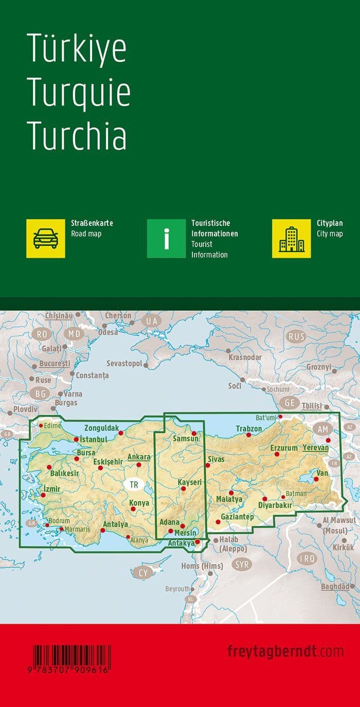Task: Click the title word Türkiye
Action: point(76,49)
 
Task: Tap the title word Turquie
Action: point(78,92)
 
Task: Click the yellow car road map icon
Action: point(46,238)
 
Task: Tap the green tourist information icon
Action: point(166,238)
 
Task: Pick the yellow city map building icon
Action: point(291,238)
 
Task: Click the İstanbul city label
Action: point(93,439)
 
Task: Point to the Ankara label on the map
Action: point(139,457)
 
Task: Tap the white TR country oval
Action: point(134,484)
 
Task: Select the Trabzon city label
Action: point(249,429)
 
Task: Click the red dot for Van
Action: point(316,480)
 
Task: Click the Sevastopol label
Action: point(124,363)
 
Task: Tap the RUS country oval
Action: point(297,337)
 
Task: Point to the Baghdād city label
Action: point(338,586)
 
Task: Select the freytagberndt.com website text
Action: point(285,651)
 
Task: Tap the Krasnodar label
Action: point(245,357)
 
